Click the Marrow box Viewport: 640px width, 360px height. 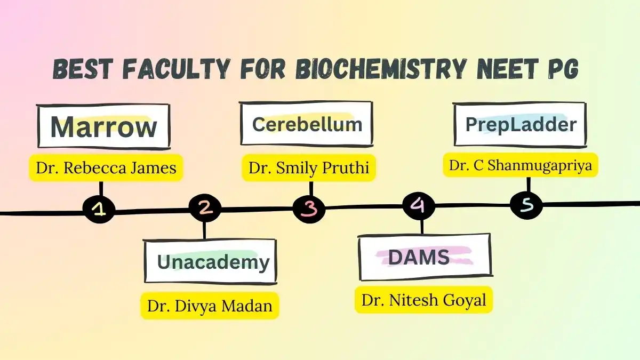103,126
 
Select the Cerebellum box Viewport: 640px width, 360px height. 307,124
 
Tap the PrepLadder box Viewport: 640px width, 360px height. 521,124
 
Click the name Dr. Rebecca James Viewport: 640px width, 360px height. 106,168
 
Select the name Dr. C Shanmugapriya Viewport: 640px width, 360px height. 521,165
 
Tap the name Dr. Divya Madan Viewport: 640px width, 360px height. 210,306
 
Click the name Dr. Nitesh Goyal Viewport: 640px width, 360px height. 424,300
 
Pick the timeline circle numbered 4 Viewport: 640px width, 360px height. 419,205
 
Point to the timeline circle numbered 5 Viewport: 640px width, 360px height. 526,204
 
